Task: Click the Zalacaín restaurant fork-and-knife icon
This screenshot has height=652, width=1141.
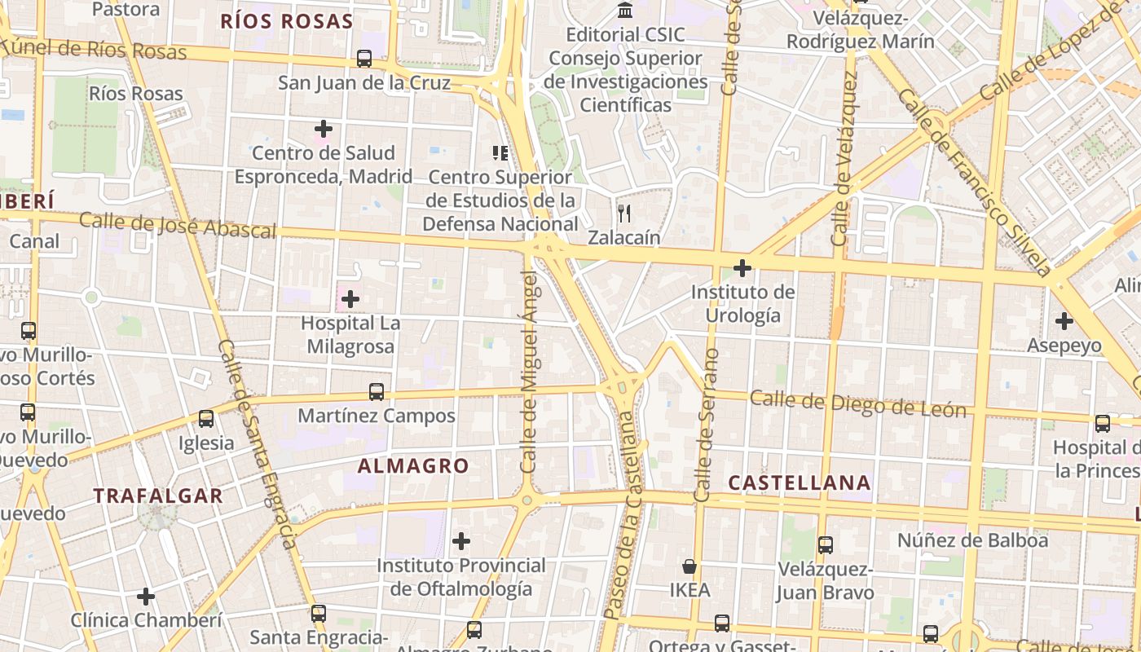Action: coord(625,214)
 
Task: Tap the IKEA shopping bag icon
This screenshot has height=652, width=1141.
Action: coord(689,566)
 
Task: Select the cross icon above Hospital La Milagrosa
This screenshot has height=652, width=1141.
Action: coord(350,299)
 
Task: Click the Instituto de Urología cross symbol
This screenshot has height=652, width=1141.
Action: coord(742,267)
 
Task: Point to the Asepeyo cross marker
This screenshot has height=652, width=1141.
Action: coord(1064,321)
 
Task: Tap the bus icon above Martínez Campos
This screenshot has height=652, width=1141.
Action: coord(377,392)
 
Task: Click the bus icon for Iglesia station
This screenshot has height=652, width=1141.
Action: coord(206,419)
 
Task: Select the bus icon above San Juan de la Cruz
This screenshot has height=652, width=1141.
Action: coord(364,59)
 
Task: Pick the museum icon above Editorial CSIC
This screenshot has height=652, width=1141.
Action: coord(625,11)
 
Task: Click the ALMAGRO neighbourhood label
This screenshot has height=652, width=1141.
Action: coord(413,466)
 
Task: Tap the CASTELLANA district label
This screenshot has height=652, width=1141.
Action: coord(799,482)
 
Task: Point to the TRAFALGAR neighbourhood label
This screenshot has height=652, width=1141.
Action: coord(157,496)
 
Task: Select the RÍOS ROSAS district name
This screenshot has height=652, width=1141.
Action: coord(287,22)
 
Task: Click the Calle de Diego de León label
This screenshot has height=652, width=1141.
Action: coord(857,403)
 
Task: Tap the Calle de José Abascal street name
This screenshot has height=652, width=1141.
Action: coord(178,225)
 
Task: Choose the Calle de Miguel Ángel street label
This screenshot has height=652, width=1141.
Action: coord(529,372)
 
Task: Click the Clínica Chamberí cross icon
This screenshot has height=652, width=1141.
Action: coord(146,597)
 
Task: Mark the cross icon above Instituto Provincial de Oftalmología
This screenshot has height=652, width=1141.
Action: coord(461,540)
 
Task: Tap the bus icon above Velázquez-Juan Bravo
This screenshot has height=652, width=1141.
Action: coord(826,545)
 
